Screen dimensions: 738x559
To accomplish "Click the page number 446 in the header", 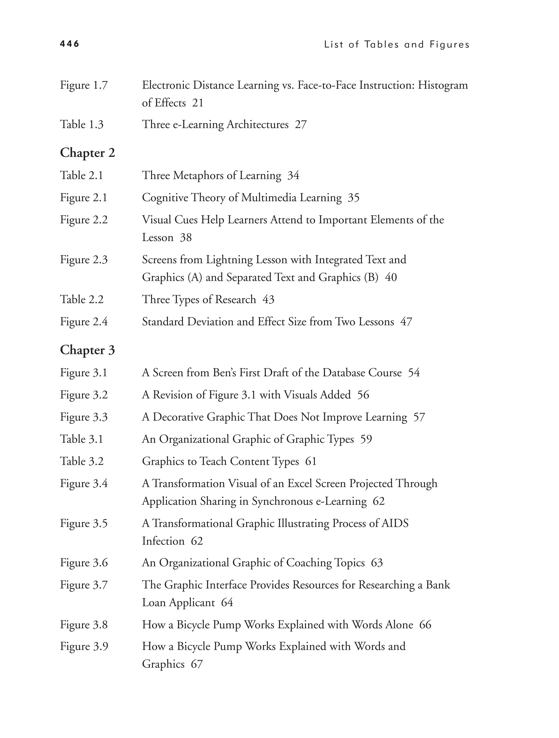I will coord(69,44).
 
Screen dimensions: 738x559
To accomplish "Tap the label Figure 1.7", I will coord(84,85).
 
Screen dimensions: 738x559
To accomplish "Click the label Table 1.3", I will coord(82,124).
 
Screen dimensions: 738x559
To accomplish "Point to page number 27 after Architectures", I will coord(301,124).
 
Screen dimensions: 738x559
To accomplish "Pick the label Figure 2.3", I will coord(84,260).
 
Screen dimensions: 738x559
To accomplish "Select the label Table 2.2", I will coord(82,299).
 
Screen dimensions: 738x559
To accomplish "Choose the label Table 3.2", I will coord(82,461).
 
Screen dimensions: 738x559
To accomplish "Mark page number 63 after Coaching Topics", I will coord(377,563).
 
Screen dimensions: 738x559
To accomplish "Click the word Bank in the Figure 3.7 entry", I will coord(438,585).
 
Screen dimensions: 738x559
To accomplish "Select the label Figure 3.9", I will coord(84,647).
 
